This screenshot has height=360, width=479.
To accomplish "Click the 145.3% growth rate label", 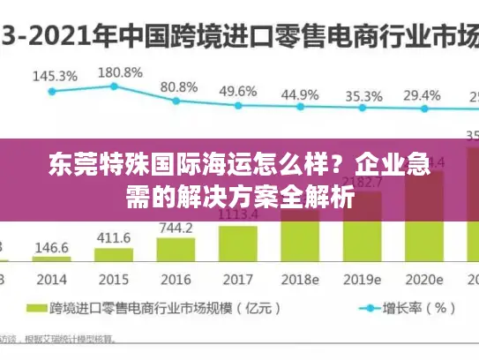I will pos(55,77).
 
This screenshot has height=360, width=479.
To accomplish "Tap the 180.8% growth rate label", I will pos(119,71).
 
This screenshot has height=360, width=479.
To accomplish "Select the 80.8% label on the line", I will pos(179,87).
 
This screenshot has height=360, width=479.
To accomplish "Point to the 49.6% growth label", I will pos(238,91).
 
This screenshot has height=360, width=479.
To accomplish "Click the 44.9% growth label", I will pos(301,94).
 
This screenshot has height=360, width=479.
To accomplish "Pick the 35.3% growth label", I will pos(363,95).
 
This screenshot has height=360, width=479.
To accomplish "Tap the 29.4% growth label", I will pos(423,95).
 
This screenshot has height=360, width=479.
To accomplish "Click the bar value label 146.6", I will pos(52,248).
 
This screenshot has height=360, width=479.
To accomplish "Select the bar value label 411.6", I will pos(113,238).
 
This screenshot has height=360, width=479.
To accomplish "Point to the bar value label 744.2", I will pos(176,228).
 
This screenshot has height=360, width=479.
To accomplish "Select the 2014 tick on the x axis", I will pos(52,279).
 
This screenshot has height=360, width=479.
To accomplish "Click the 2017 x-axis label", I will pos(238,279).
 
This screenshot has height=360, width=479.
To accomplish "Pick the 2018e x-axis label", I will pos(301,279).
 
